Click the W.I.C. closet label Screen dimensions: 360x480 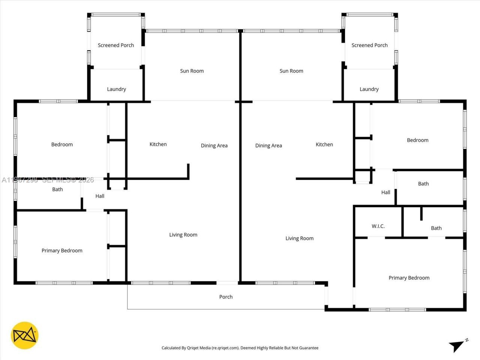point(378,226)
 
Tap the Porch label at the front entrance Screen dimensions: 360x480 point(226,297)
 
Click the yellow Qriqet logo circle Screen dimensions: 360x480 point(24,335)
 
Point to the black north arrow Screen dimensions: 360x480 point(457,345)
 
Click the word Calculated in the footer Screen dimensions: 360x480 point(173,348)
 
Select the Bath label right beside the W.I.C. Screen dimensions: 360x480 point(436,228)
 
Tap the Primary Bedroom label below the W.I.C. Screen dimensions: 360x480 point(409,278)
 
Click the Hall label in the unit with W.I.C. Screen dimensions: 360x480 point(385,192)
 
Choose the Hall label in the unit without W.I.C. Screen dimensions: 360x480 point(100,196)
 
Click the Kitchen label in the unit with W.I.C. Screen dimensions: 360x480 point(324,144)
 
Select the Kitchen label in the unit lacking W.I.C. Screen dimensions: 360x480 point(158,144)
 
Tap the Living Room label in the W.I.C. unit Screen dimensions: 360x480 point(299,238)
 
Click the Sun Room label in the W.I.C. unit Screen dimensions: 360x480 point(291,71)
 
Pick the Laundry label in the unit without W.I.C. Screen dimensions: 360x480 point(116,89)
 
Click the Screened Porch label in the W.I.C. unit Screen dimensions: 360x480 point(369,45)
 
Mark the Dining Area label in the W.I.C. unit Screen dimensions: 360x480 point(268,145)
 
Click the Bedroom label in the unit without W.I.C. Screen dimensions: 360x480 point(62,144)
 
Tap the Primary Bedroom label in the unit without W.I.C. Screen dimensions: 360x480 point(62,250)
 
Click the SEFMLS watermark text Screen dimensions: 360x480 point(56,180)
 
